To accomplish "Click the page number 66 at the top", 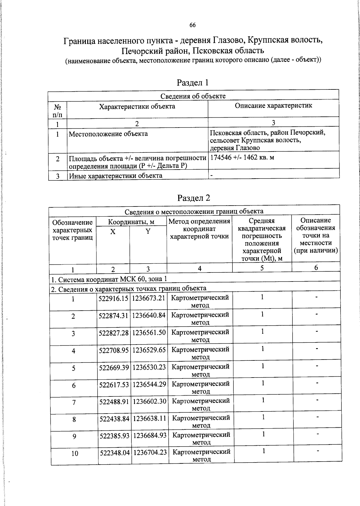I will tap(192, 25).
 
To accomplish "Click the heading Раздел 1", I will tap(192, 82).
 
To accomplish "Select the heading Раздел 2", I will tap(193, 198).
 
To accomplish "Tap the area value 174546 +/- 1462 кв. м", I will tap(242, 157).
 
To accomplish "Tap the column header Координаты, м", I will tap(131, 222).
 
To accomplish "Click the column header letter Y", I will tap(148, 231).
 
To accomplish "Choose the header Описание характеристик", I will tap(273, 106).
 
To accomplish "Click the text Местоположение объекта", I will tap(108, 134).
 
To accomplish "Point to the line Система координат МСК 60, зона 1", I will tap(109, 279).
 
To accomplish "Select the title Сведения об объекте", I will tap(193, 96).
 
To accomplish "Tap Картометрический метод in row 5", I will tap(200, 370).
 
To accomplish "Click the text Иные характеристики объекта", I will tap(115, 176).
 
